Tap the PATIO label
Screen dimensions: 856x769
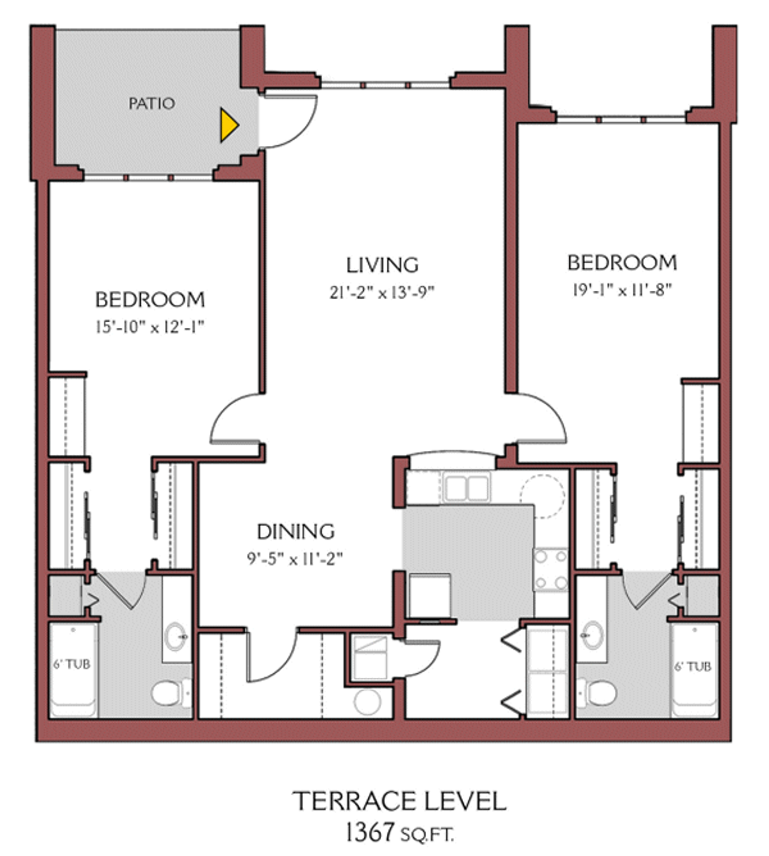point(152,104)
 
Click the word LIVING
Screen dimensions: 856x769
point(382,265)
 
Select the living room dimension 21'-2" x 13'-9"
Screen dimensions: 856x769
point(382,293)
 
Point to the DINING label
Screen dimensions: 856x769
point(296,531)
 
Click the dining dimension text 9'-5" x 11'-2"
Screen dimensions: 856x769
point(295,559)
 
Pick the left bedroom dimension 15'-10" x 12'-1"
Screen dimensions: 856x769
point(150,327)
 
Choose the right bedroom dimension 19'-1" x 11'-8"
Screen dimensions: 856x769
point(622,291)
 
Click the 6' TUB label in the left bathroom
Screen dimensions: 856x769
point(72,665)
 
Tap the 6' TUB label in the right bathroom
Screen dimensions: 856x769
point(692,667)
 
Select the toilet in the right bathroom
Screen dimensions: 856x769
point(598,692)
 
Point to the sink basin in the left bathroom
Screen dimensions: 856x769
point(175,637)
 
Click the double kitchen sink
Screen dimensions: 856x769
point(466,489)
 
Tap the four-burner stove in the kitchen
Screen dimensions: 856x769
point(551,569)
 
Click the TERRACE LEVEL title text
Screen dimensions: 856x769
point(399,801)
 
